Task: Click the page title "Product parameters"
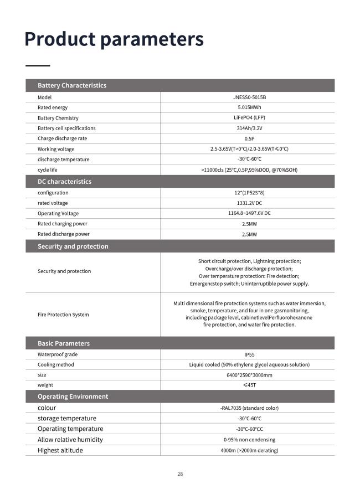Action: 114,39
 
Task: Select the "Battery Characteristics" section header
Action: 72,85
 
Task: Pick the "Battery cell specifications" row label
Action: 66,128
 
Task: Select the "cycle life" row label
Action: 48,169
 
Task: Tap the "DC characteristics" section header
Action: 64,182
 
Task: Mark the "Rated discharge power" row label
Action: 64,234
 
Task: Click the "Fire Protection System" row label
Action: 63,315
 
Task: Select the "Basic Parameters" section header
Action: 64,343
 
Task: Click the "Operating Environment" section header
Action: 73,397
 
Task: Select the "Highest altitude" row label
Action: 60,450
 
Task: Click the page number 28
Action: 180,474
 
